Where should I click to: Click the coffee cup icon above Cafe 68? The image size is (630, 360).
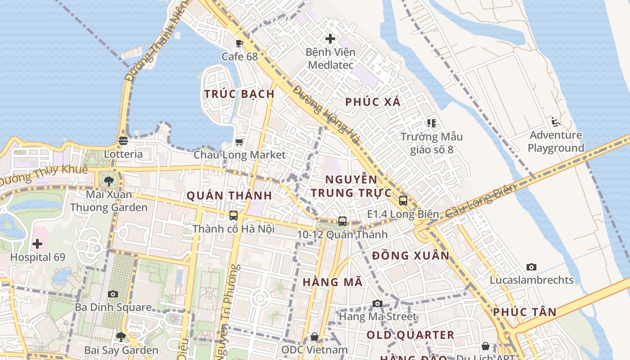click(239, 43)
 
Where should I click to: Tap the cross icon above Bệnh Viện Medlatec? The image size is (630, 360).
click(330, 39)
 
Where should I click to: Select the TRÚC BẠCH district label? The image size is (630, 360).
click(239, 94)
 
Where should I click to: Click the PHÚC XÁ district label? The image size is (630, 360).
click(373, 102)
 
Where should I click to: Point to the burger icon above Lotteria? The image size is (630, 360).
click(123, 141)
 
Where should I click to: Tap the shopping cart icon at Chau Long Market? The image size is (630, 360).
click(239, 142)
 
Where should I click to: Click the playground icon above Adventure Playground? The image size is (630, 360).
click(555, 122)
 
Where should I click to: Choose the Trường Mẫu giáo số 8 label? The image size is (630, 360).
click(432, 143)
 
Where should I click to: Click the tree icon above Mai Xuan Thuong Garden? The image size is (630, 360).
click(108, 181)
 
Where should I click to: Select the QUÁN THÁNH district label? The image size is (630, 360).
click(229, 196)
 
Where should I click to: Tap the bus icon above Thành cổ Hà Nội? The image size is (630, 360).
click(233, 216)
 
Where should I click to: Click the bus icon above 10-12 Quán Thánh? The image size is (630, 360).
click(342, 221)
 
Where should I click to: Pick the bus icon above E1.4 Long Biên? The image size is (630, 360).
click(403, 201)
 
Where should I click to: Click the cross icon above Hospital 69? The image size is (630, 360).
click(37, 244)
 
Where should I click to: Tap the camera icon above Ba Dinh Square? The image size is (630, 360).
click(113, 294)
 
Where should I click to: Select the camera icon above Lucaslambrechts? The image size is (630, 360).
click(531, 267)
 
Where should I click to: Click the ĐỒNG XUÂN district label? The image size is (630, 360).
click(411, 256)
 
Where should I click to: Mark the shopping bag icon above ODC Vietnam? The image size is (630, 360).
click(315, 337)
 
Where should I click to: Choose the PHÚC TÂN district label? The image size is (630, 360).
click(525, 312)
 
